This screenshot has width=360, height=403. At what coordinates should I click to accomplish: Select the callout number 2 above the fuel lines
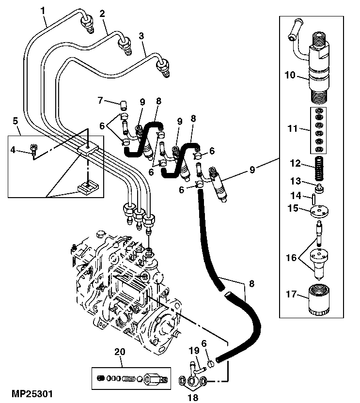coord(102,14)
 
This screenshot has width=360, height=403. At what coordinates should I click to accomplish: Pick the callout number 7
coord(101,100)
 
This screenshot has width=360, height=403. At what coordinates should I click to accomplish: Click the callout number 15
coord(294,209)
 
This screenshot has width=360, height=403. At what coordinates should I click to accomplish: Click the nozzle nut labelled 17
coord(319,300)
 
